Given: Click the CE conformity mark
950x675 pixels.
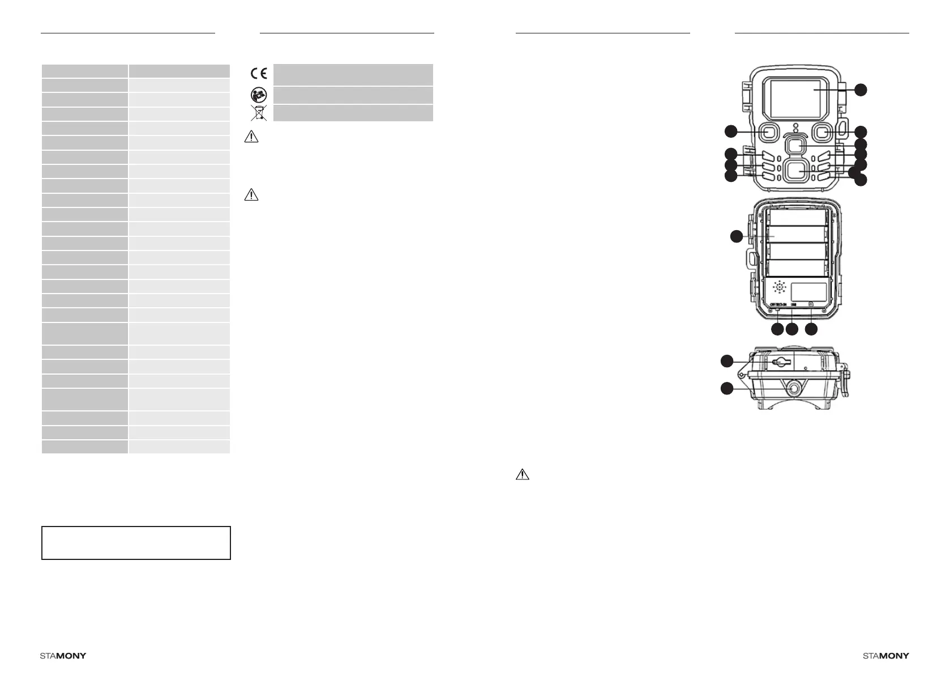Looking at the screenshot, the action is tap(259, 74).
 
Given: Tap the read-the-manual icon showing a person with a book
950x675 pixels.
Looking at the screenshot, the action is tap(259, 95).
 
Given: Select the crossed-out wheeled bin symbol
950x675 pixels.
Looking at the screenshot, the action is tap(259, 113).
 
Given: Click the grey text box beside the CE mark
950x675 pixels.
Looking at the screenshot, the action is tap(353, 74).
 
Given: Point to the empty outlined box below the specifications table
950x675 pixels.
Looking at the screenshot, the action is tap(136, 543).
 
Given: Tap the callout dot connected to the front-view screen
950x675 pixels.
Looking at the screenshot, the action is tap(861, 89).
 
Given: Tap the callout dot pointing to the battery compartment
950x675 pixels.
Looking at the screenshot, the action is tap(736, 236).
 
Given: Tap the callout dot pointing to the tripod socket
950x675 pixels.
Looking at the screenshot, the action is tap(726, 388).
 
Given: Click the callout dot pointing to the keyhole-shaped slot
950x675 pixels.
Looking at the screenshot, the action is tap(726, 360).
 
